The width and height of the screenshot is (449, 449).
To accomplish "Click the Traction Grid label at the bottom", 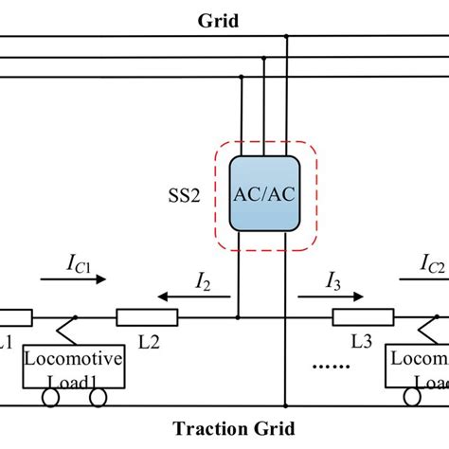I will [224, 427].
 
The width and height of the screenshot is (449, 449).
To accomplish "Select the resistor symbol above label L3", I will [363, 317].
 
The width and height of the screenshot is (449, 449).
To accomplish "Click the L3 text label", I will [364, 339].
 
